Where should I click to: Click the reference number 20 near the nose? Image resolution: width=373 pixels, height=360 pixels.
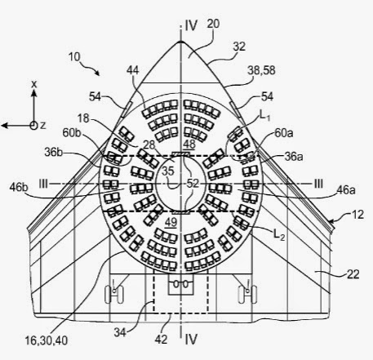point(213,24)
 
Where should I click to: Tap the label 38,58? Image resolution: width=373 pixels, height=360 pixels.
point(261,70)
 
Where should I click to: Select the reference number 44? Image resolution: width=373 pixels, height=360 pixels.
point(133,70)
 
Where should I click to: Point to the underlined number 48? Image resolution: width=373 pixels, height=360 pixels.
point(189,144)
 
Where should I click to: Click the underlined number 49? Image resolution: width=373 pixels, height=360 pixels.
point(171,223)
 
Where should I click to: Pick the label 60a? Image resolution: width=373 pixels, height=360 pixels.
point(284,133)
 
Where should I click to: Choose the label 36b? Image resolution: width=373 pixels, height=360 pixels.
point(54,153)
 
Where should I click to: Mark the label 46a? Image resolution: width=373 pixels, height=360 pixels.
point(346,190)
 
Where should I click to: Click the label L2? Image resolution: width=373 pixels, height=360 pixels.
point(279,234)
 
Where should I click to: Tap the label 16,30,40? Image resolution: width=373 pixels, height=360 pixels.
point(47,340)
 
